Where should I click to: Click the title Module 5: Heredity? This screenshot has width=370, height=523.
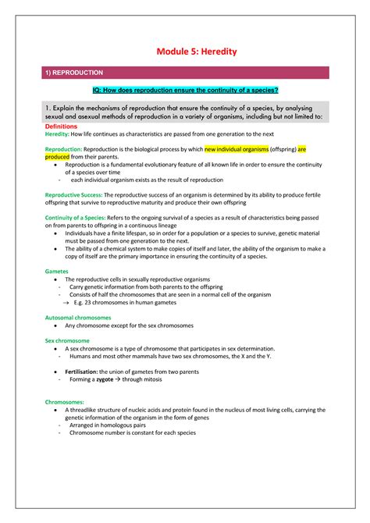(186, 52)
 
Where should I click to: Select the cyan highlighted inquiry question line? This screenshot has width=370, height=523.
(186, 91)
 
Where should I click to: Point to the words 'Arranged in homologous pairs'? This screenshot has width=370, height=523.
(107, 425)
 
